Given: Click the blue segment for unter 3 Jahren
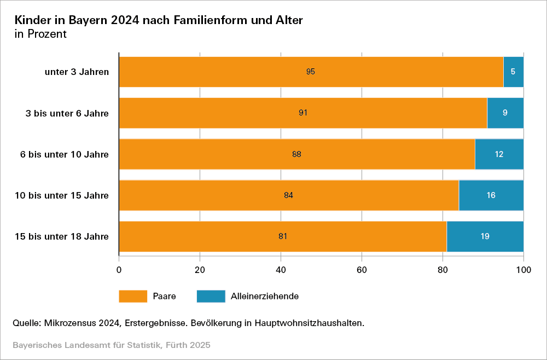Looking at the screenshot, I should (x=513, y=72).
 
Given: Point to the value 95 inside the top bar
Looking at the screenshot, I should (x=311, y=72).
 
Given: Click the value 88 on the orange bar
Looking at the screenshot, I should (x=297, y=154).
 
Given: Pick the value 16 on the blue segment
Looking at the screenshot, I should (x=491, y=195).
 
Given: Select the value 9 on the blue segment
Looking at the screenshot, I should (x=505, y=113).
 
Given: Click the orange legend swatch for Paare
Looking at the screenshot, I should (x=133, y=296).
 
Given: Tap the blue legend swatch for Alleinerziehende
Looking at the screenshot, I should (x=211, y=296).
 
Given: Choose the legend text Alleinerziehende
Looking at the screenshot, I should (x=265, y=296).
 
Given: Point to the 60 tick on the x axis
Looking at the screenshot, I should (x=362, y=269).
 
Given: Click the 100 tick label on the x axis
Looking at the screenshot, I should (x=523, y=269).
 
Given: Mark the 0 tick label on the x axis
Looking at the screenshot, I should (x=119, y=269).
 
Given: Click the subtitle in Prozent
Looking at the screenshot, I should (x=40, y=34).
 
